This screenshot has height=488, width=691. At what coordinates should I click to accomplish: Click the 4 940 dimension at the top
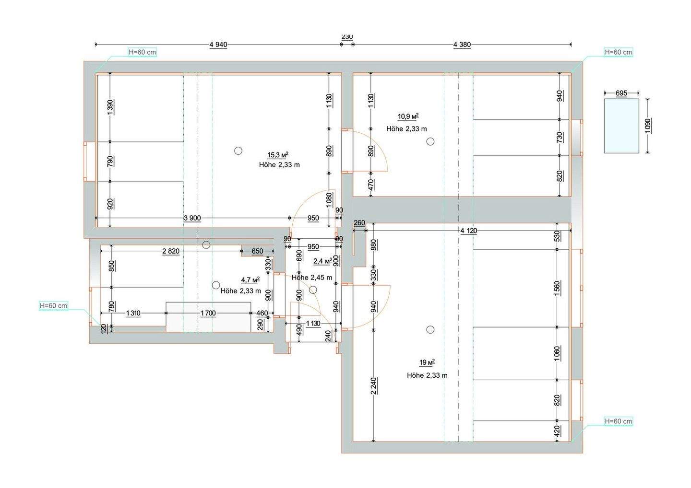coord(218,45)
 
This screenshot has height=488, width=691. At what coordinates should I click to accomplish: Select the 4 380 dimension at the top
coord(462,45)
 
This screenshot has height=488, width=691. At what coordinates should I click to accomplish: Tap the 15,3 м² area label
coord(278,155)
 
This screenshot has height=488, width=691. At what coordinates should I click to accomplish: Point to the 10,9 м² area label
coord(408,116)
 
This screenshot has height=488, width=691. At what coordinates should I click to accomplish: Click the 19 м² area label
coord(427,362)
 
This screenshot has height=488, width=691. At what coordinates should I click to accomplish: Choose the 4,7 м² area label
coord(250,280)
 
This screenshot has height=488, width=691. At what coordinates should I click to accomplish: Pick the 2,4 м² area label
coord(322,261)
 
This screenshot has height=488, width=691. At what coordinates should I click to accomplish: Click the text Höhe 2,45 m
coord(312,278)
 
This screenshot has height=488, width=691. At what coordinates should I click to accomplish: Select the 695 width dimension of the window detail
coord(621,93)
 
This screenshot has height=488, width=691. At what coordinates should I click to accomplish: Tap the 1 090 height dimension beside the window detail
coord(647,126)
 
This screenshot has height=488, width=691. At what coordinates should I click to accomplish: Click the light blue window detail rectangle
coord(621,126)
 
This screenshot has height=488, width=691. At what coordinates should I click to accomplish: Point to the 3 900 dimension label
coord(192,218)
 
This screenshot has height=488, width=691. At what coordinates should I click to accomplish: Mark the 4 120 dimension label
coord(468,231)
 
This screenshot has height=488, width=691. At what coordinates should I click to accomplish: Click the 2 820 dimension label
coord(171,251)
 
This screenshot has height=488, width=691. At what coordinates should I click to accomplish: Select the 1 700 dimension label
coord(208,314)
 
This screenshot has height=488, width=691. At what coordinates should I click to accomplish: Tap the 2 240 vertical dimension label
coord(373,386)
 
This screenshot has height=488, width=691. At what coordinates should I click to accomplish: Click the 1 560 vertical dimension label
coord(557,289)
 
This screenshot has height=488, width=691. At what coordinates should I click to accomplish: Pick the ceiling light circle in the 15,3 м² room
coord(238,151)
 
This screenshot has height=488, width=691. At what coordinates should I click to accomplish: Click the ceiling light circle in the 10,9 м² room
coord(430,141)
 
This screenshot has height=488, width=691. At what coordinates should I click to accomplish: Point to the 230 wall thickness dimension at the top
coord(347,36)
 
